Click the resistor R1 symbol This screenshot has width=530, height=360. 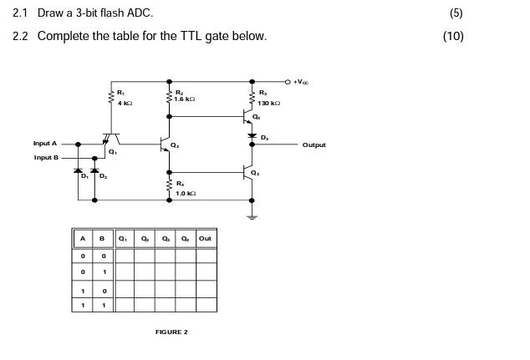pyautogui.click(x=110, y=98)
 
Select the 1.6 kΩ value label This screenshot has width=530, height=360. pyautogui.click(x=185, y=99)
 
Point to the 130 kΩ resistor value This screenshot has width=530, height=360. pyautogui.click(x=269, y=103)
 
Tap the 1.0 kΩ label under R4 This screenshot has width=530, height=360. pyautogui.click(x=185, y=193)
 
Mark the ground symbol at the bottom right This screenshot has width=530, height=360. pyautogui.click(x=253, y=216)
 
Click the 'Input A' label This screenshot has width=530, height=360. pyautogui.click(x=45, y=144)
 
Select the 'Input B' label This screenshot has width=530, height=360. pyautogui.click(x=46, y=157)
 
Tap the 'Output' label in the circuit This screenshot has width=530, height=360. pyautogui.click(x=314, y=145)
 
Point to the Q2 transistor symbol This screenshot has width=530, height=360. pyautogui.click(x=166, y=145)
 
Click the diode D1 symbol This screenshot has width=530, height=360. pyautogui.click(x=79, y=170)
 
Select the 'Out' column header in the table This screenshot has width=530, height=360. pyautogui.click(x=206, y=238)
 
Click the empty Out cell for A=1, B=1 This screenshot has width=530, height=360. pyautogui.click(x=206, y=305)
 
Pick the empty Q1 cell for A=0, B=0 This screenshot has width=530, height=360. pyautogui.click(x=124, y=256)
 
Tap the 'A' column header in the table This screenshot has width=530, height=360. pyautogui.click(x=82, y=238)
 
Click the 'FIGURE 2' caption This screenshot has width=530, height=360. pyautogui.click(x=171, y=332)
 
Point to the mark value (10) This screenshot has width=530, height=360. pyautogui.click(x=453, y=35)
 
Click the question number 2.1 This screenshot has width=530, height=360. pyautogui.click(x=21, y=13)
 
